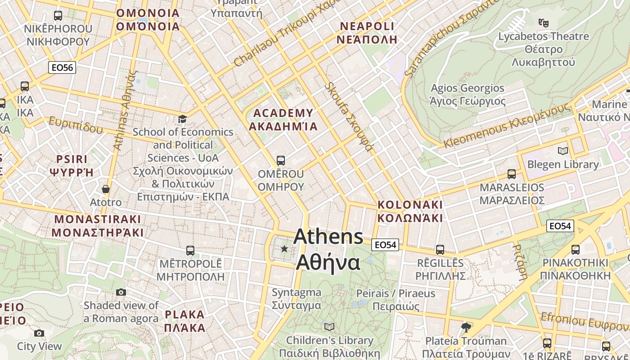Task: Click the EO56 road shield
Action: [x=62, y=68]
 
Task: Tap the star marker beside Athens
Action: [x=284, y=249]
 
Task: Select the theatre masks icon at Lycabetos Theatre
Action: [x=543, y=22]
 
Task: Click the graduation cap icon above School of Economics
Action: [x=182, y=119]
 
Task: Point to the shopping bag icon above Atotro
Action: [x=106, y=189]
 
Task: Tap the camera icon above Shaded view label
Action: [x=121, y=292]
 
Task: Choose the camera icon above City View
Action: [x=39, y=333]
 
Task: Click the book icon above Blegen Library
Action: [x=562, y=151]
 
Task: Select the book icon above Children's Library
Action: [x=329, y=327]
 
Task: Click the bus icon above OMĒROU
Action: [x=281, y=160]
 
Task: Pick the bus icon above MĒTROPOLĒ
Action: [x=190, y=250]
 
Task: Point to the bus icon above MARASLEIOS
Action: [x=512, y=174]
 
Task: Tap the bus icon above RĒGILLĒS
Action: [x=440, y=249]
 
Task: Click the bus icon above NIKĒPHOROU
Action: [x=58, y=16]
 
